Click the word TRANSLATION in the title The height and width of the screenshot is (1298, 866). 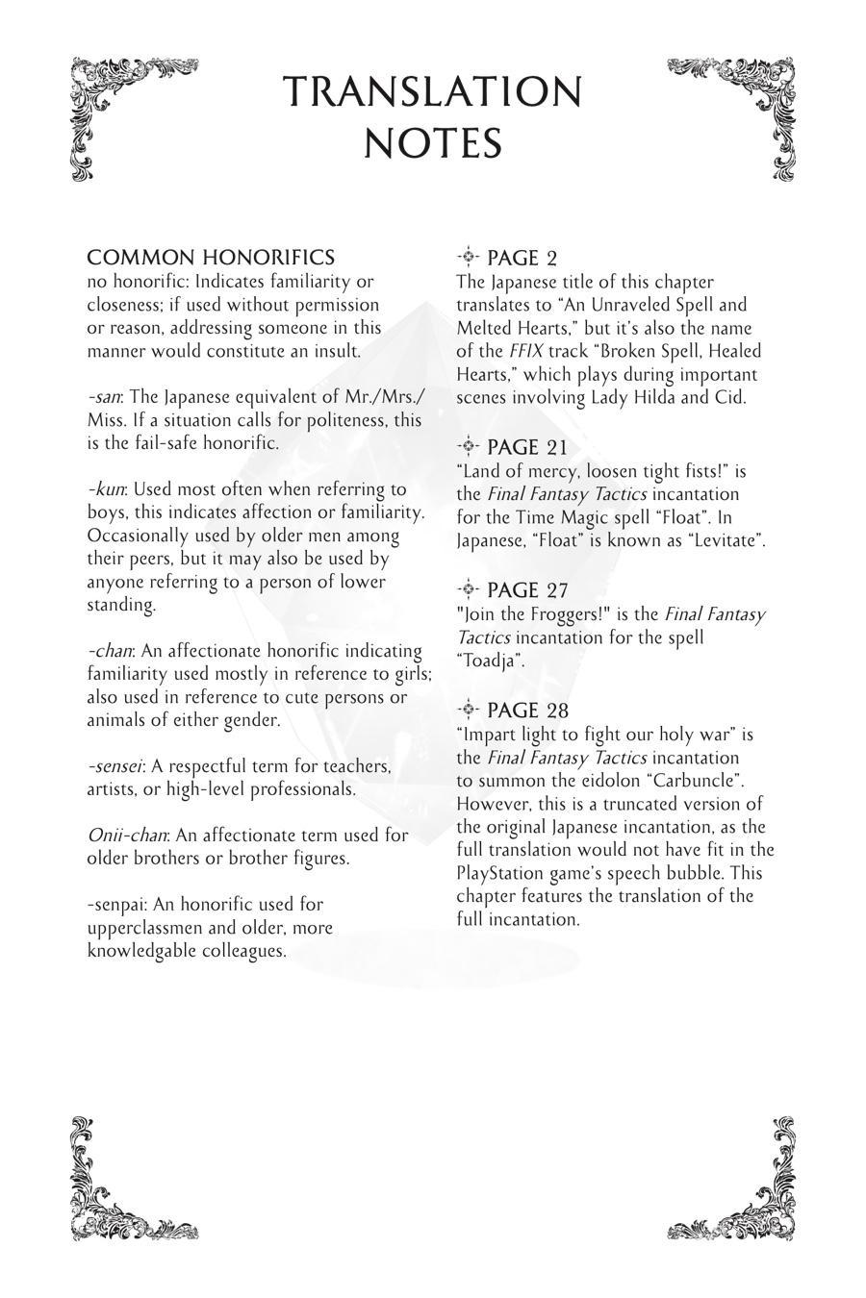pyautogui.click(x=433, y=93)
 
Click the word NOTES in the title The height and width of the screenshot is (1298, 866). pyautogui.click(x=433, y=144)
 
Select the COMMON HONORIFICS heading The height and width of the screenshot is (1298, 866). pyautogui.click(x=211, y=258)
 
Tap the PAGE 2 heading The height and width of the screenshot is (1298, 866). pyautogui.click(x=522, y=258)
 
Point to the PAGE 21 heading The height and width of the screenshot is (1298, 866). pyautogui.click(x=527, y=447)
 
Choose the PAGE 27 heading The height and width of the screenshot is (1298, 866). pyautogui.click(x=527, y=590)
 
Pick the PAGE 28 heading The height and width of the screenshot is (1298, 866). pyautogui.click(x=527, y=711)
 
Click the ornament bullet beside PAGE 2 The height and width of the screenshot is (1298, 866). pyautogui.click(x=468, y=257)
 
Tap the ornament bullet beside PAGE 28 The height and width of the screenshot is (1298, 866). pyautogui.click(x=468, y=710)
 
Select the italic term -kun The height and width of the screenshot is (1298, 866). pyautogui.click(x=106, y=489)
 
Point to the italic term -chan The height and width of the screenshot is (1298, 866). pyautogui.click(x=110, y=651)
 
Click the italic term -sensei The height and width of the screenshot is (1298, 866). pyautogui.click(x=115, y=766)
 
